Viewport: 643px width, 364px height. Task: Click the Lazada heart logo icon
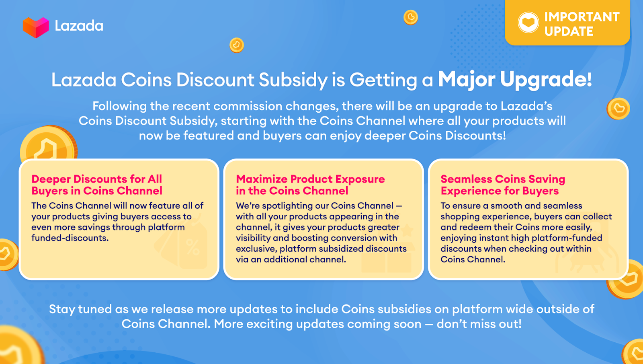click(x=36, y=27)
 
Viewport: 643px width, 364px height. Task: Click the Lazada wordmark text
click(x=79, y=26)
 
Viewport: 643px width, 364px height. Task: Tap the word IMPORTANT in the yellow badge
click(x=582, y=17)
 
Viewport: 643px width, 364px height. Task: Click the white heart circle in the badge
click(x=528, y=23)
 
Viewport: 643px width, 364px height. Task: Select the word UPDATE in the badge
click(x=569, y=31)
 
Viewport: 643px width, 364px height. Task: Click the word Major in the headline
click(x=466, y=79)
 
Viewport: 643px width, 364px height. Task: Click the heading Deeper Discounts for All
click(x=96, y=179)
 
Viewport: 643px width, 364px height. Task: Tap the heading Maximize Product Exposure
click(x=310, y=179)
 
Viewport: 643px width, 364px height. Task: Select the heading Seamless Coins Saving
click(x=503, y=179)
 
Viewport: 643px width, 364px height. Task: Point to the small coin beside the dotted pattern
click(x=411, y=17)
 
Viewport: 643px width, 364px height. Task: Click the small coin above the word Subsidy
click(x=237, y=45)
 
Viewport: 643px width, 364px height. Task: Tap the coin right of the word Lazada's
click(x=618, y=109)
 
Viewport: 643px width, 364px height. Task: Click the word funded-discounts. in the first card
click(x=70, y=238)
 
